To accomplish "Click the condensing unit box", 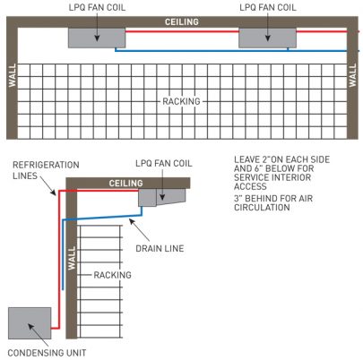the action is pos(30,323).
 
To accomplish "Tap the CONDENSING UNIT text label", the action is pos(47,353).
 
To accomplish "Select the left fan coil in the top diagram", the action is pos(97,38).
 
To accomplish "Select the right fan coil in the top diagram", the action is pos(267,38).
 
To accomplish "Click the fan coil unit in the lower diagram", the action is pos(161,197).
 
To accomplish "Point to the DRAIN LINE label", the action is pos(160,248).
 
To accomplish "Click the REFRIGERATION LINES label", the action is pos(46,170).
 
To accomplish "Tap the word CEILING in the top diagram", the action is pos(182,21).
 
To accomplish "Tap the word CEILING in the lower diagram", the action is pos(125,183).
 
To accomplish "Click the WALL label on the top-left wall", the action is pos(13,75).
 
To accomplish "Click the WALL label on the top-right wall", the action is pos(352,75).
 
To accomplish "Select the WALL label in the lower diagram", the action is pos(72,258).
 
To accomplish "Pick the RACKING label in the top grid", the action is pos(181,101).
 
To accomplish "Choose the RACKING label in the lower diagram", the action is pos(112,275).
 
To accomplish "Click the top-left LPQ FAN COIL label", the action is pos(97,7).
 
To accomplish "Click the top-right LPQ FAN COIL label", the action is pos(268,7).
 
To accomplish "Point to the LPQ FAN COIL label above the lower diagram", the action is pos(164,163).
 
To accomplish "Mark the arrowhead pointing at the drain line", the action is pos(132,222).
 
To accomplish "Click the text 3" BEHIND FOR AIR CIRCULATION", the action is pos(273,203).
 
